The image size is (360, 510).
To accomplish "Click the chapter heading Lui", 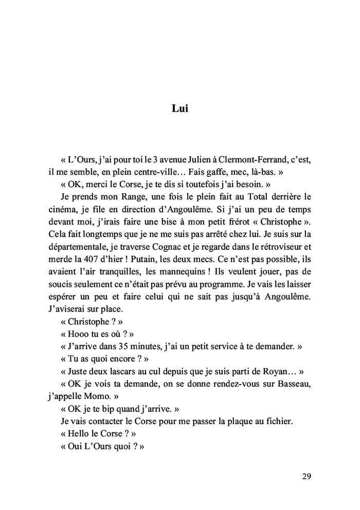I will point(179,109).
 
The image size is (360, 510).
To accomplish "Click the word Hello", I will point(80,433).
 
